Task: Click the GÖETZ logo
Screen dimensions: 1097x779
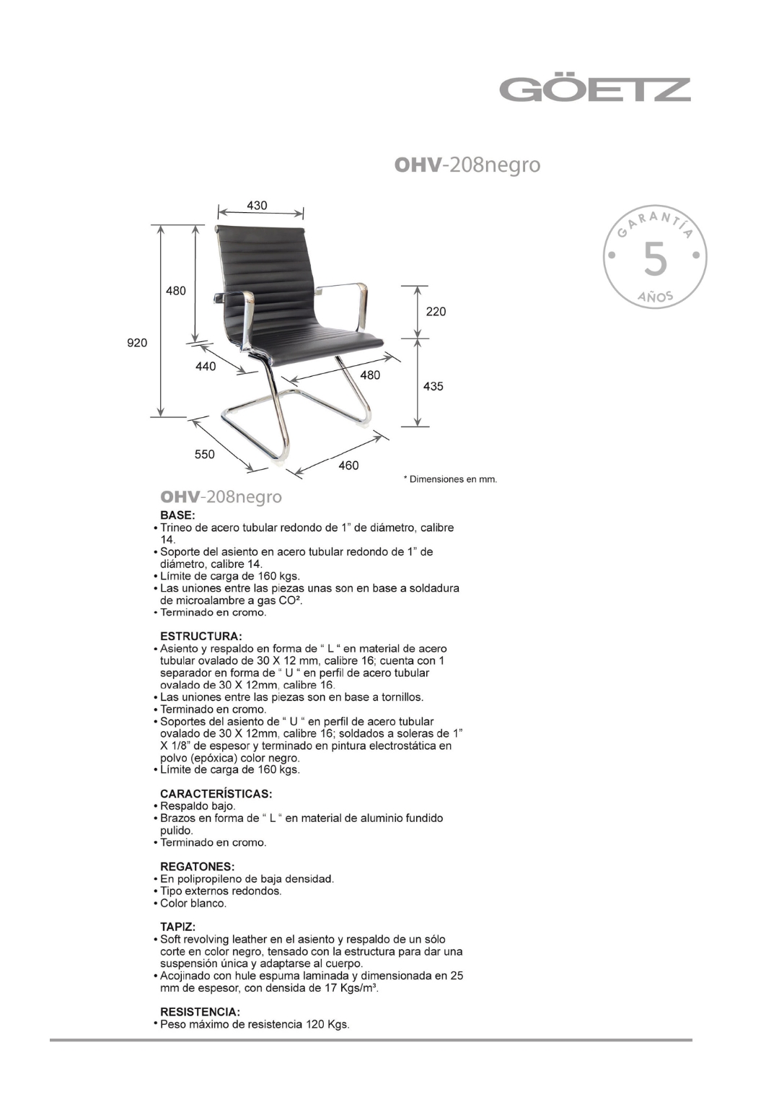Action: point(595,89)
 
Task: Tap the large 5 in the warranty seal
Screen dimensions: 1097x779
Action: point(655,260)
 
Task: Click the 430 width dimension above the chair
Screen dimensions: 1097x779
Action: point(257,206)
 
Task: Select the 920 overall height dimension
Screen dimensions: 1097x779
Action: point(137,343)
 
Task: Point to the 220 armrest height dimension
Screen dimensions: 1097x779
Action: point(436,312)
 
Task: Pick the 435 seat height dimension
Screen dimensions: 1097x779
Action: point(433,387)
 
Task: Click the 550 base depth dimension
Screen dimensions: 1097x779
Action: point(204,455)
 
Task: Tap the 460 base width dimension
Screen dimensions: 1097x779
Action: point(348,466)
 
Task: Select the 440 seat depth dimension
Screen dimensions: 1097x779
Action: point(206,367)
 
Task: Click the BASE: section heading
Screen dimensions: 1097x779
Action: point(177,515)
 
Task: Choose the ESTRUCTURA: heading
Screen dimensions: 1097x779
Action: point(201,637)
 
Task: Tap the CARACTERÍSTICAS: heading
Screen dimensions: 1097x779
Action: point(216,794)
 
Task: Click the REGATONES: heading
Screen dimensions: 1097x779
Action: point(197,866)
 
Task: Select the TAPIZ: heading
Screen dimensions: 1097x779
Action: point(177,927)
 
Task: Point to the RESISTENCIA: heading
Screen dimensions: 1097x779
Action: point(200,1012)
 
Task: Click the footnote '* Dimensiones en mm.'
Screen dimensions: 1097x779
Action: point(450,479)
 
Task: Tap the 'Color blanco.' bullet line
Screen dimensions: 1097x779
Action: point(193,904)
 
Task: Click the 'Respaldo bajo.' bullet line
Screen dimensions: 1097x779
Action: point(198,806)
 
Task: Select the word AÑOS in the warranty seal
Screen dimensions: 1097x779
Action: point(655,297)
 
